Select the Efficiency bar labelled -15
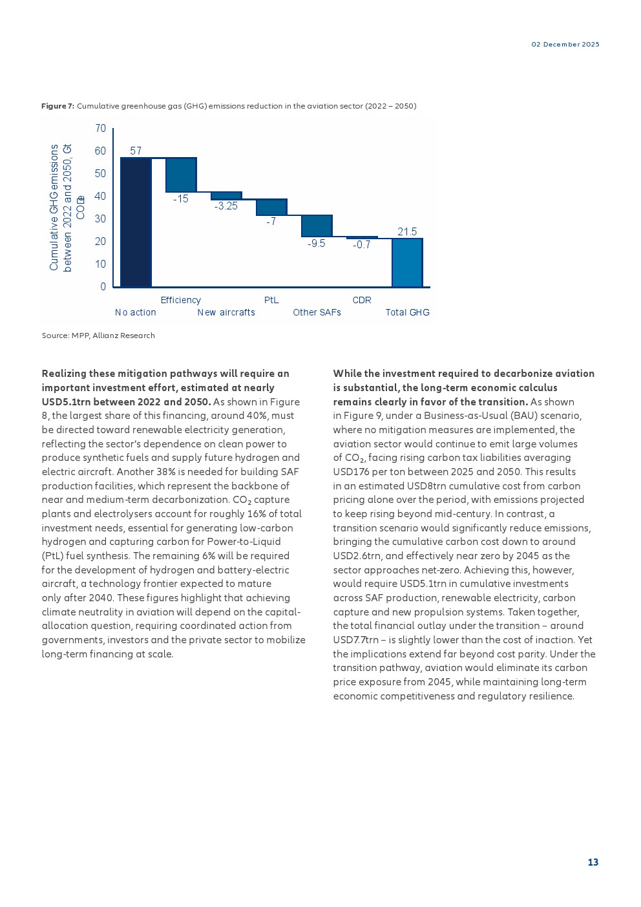click(x=181, y=175)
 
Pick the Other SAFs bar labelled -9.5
click(x=317, y=226)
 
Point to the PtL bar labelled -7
click(x=271, y=207)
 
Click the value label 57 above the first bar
click(x=136, y=151)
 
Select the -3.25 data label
click(x=226, y=206)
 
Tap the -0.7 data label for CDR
click(x=362, y=245)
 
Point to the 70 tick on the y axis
click(x=100, y=129)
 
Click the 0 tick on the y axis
click(x=103, y=287)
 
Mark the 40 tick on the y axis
click(x=100, y=197)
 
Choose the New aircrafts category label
click(x=226, y=313)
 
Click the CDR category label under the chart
click(x=362, y=300)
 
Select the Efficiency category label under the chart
click(x=181, y=300)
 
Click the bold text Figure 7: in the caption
click(x=58, y=106)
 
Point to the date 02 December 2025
click(x=565, y=45)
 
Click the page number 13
click(x=593, y=862)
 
